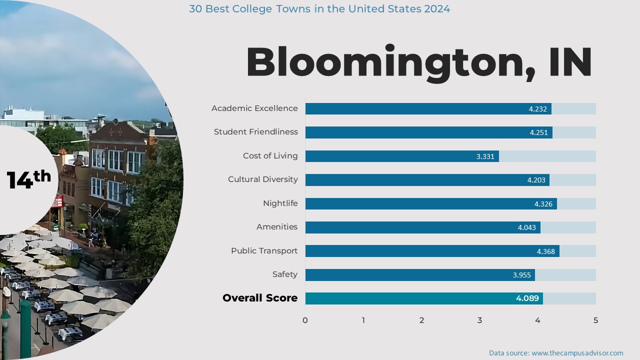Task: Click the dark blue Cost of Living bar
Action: [x=402, y=156]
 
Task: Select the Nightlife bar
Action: [x=431, y=203]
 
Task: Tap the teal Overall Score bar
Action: [x=424, y=298]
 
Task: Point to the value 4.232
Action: [x=538, y=109]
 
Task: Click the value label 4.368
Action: [x=546, y=251]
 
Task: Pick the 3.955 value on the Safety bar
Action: [x=522, y=275]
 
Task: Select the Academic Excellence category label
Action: [x=254, y=108]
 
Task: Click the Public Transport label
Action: [x=264, y=251]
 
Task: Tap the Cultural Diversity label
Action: [x=262, y=179]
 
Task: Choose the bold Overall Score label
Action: [x=260, y=298]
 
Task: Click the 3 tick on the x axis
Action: [x=479, y=320]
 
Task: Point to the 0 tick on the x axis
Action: [x=305, y=320]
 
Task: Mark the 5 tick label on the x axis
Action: [x=595, y=320]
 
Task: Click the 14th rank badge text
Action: [x=28, y=179]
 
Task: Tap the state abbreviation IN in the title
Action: [x=570, y=63]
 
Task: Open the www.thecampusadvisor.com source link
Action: [x=577, y=353]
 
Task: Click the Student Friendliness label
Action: [x=256, y=132]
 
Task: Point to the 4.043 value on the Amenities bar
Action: [x=526, y=227]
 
